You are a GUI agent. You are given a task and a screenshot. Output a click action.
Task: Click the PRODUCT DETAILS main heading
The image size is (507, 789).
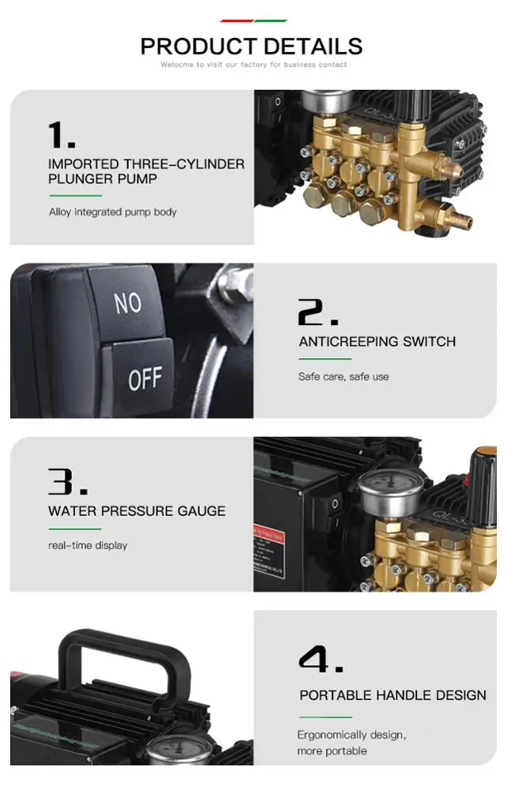pos(252,46)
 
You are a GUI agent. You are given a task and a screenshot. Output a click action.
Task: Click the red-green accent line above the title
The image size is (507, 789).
pos(253,21)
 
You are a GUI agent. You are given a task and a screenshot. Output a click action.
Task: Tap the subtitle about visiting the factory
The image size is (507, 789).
pos(253,65)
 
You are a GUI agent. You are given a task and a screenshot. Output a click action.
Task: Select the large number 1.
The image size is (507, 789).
pos(62,135)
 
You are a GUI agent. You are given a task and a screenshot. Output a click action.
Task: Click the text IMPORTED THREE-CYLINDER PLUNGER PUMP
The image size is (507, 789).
pos(146,171)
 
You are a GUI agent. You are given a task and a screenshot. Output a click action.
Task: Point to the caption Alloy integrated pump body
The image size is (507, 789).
pos(113,212)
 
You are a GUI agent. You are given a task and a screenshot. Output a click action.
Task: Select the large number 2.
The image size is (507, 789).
pos(317,313)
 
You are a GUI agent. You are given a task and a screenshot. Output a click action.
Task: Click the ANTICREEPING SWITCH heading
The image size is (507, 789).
pos(377,342)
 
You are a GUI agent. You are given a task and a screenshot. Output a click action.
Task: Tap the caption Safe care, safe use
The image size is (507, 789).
pos(344,377)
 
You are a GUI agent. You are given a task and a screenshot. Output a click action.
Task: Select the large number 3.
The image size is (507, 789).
pos(67,482)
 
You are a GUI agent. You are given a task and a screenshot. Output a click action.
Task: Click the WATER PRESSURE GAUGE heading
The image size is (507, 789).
pos(137,511)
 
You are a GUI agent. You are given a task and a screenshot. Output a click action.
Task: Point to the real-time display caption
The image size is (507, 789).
pos(88,546)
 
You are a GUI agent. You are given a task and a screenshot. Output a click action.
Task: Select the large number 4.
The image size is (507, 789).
pos(321,660)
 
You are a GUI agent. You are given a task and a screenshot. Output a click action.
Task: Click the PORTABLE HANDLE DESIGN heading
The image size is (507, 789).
pos(392,695)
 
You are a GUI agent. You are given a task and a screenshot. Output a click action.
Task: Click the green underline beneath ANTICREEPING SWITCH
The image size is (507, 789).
pos(325,360)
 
